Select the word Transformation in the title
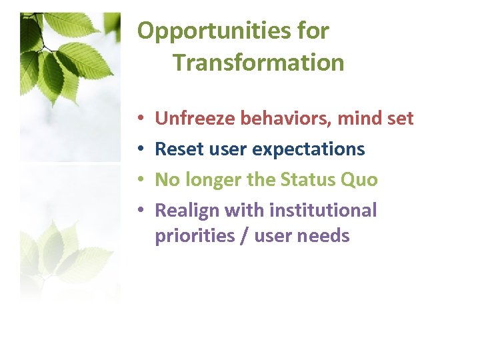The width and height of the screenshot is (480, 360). coord(259,63)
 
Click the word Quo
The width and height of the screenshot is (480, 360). coord(363,180)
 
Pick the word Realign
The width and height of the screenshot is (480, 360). coord(187,211)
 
